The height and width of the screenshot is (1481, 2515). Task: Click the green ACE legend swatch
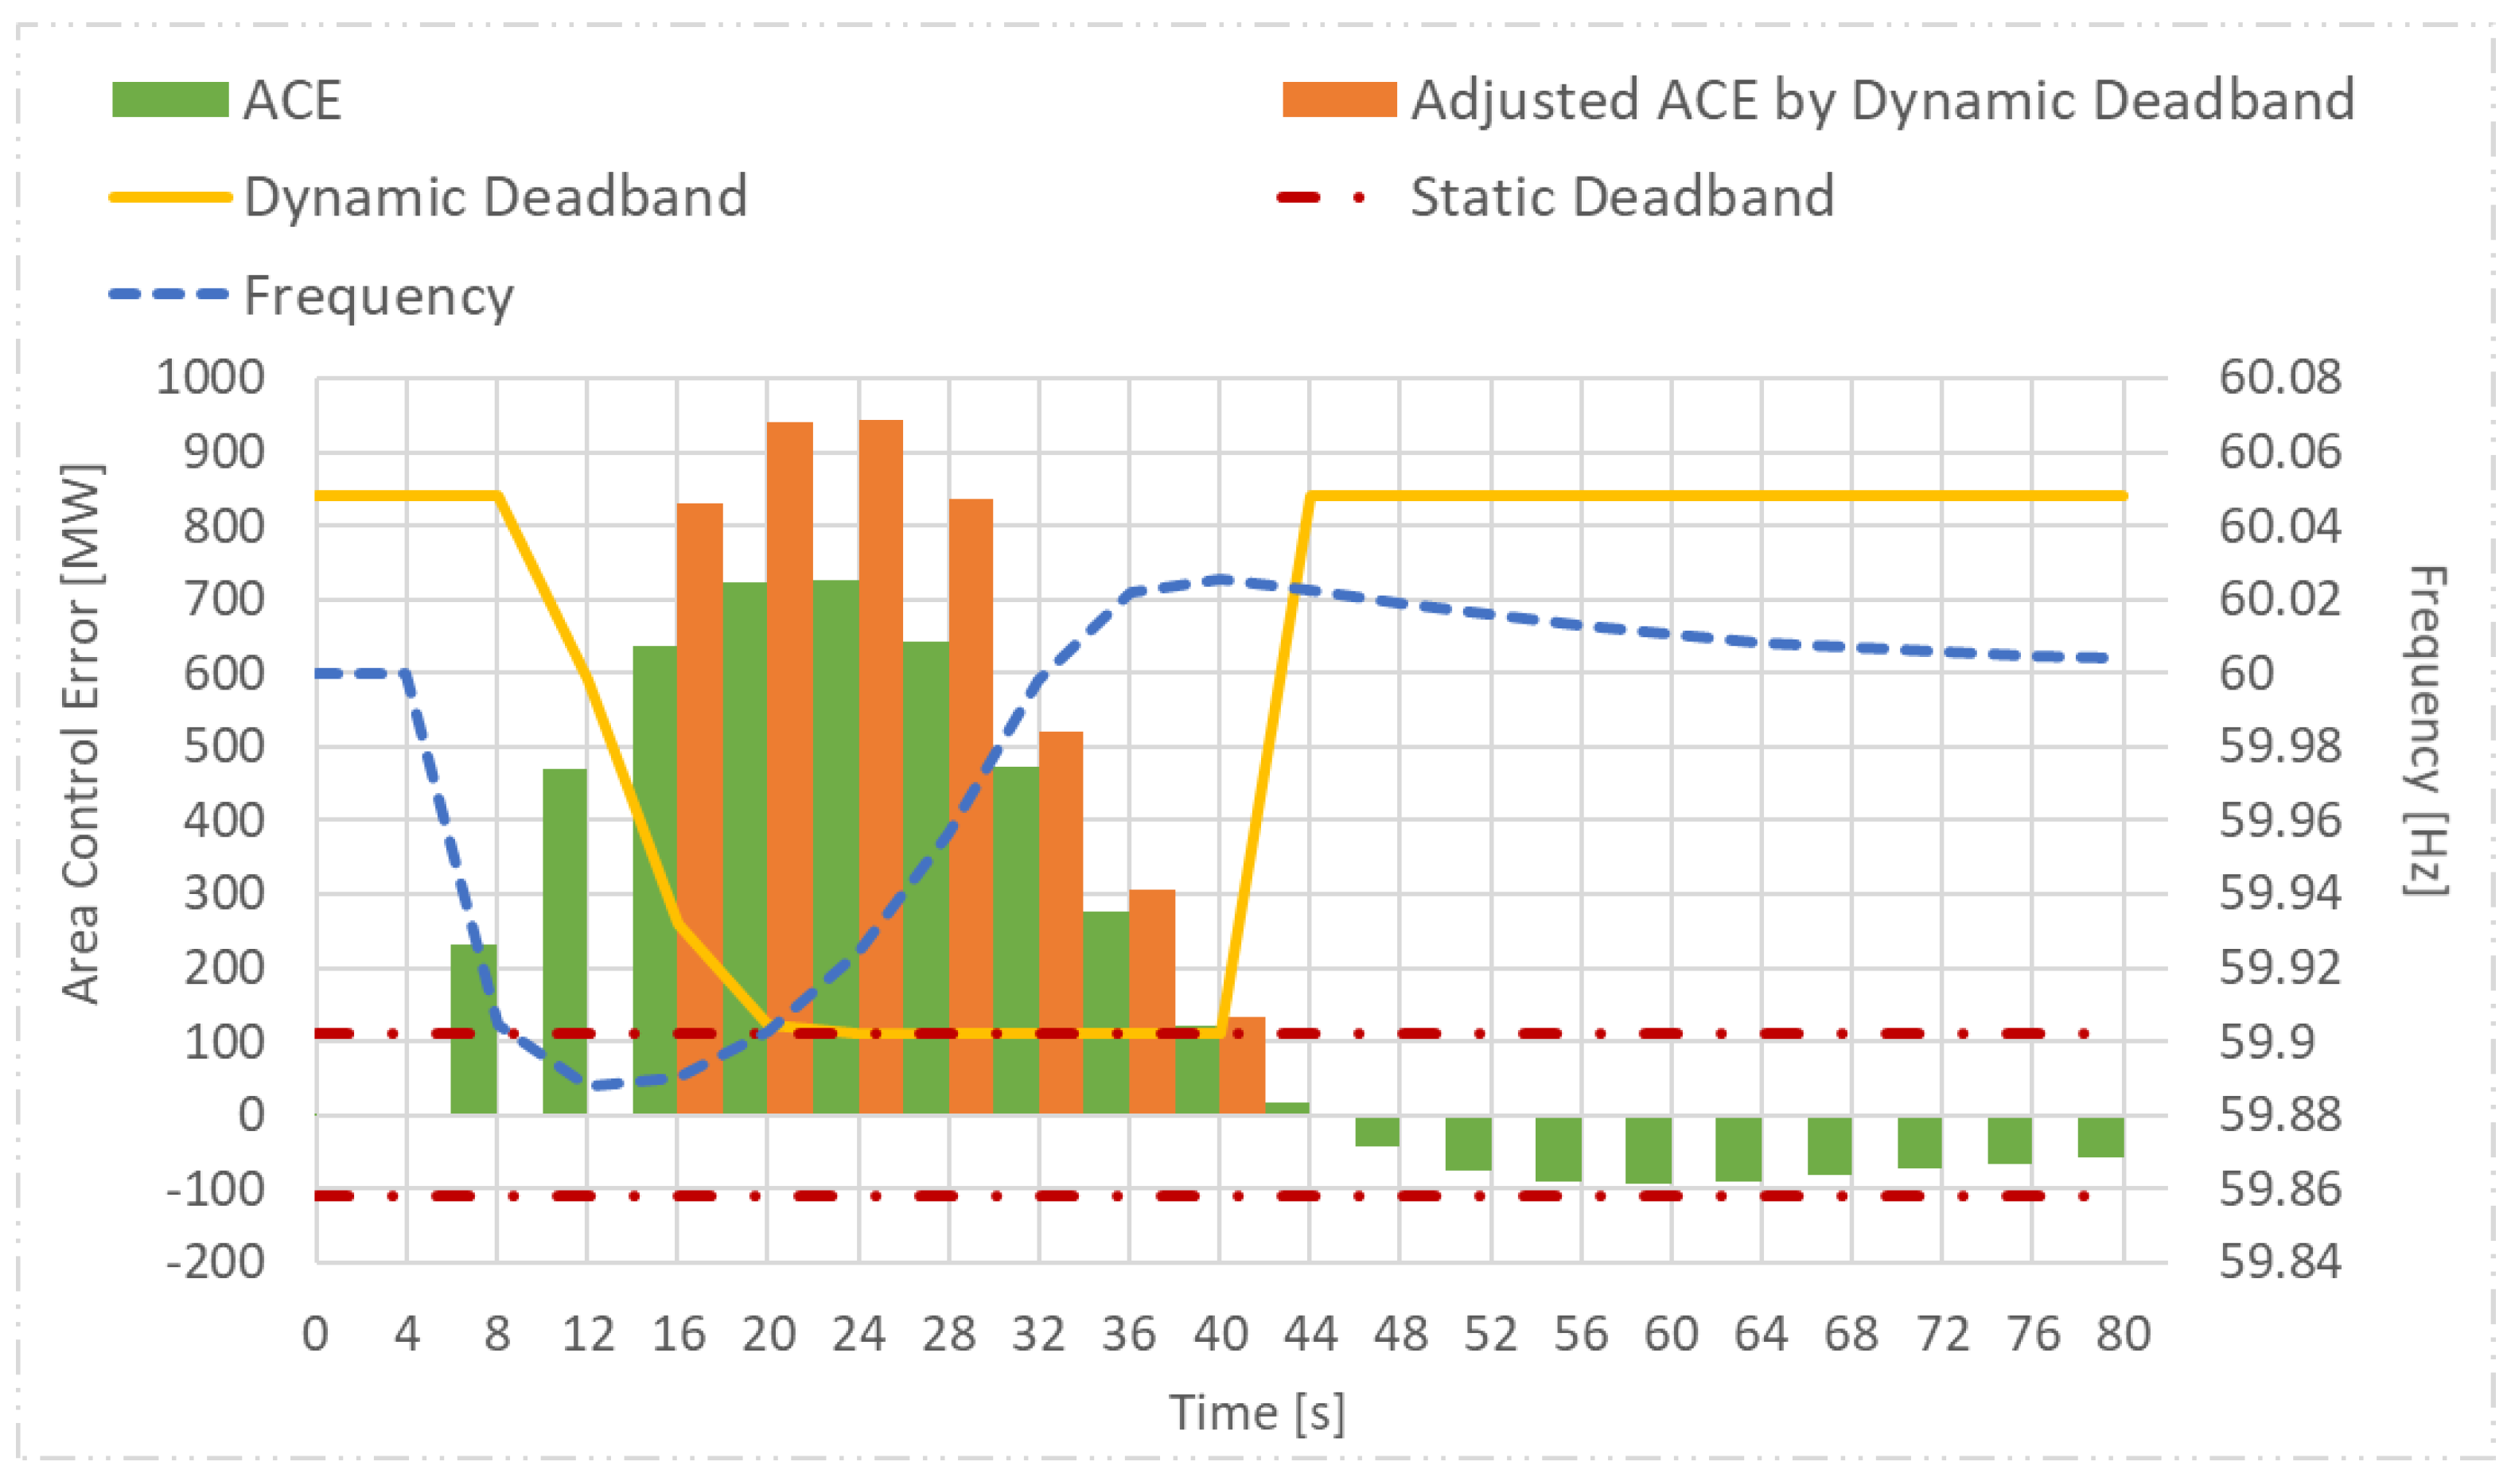coord(169,99)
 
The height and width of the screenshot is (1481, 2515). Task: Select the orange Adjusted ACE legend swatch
coord(1338,99)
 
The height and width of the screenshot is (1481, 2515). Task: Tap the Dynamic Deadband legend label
coord(495,196)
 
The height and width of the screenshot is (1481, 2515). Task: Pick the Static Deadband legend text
coord(1622,196)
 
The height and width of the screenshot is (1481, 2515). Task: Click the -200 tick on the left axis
coord(216,1262)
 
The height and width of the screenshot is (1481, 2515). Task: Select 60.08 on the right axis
coord(2279,379)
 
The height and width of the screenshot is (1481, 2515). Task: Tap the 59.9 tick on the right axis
coord(2264,1042)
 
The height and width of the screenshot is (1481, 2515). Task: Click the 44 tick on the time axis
coord(1310,1335)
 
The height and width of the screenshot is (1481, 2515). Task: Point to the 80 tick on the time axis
coord(2123,1335)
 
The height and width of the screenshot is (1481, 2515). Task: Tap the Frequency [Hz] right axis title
coord(2426,730)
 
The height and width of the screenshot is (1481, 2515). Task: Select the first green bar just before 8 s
coord(473,1029)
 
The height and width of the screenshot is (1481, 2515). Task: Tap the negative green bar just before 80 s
coord(2100,1137)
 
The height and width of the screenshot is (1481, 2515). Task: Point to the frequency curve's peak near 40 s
coord(1220,579)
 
